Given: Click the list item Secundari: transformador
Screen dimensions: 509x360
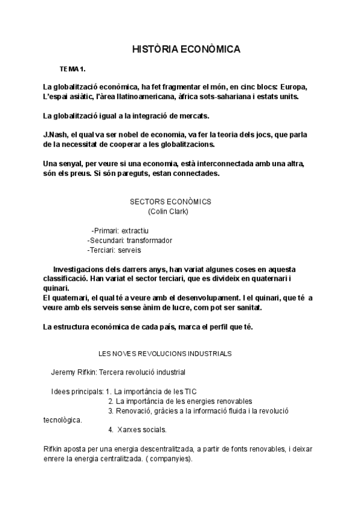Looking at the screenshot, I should point(130,240).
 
